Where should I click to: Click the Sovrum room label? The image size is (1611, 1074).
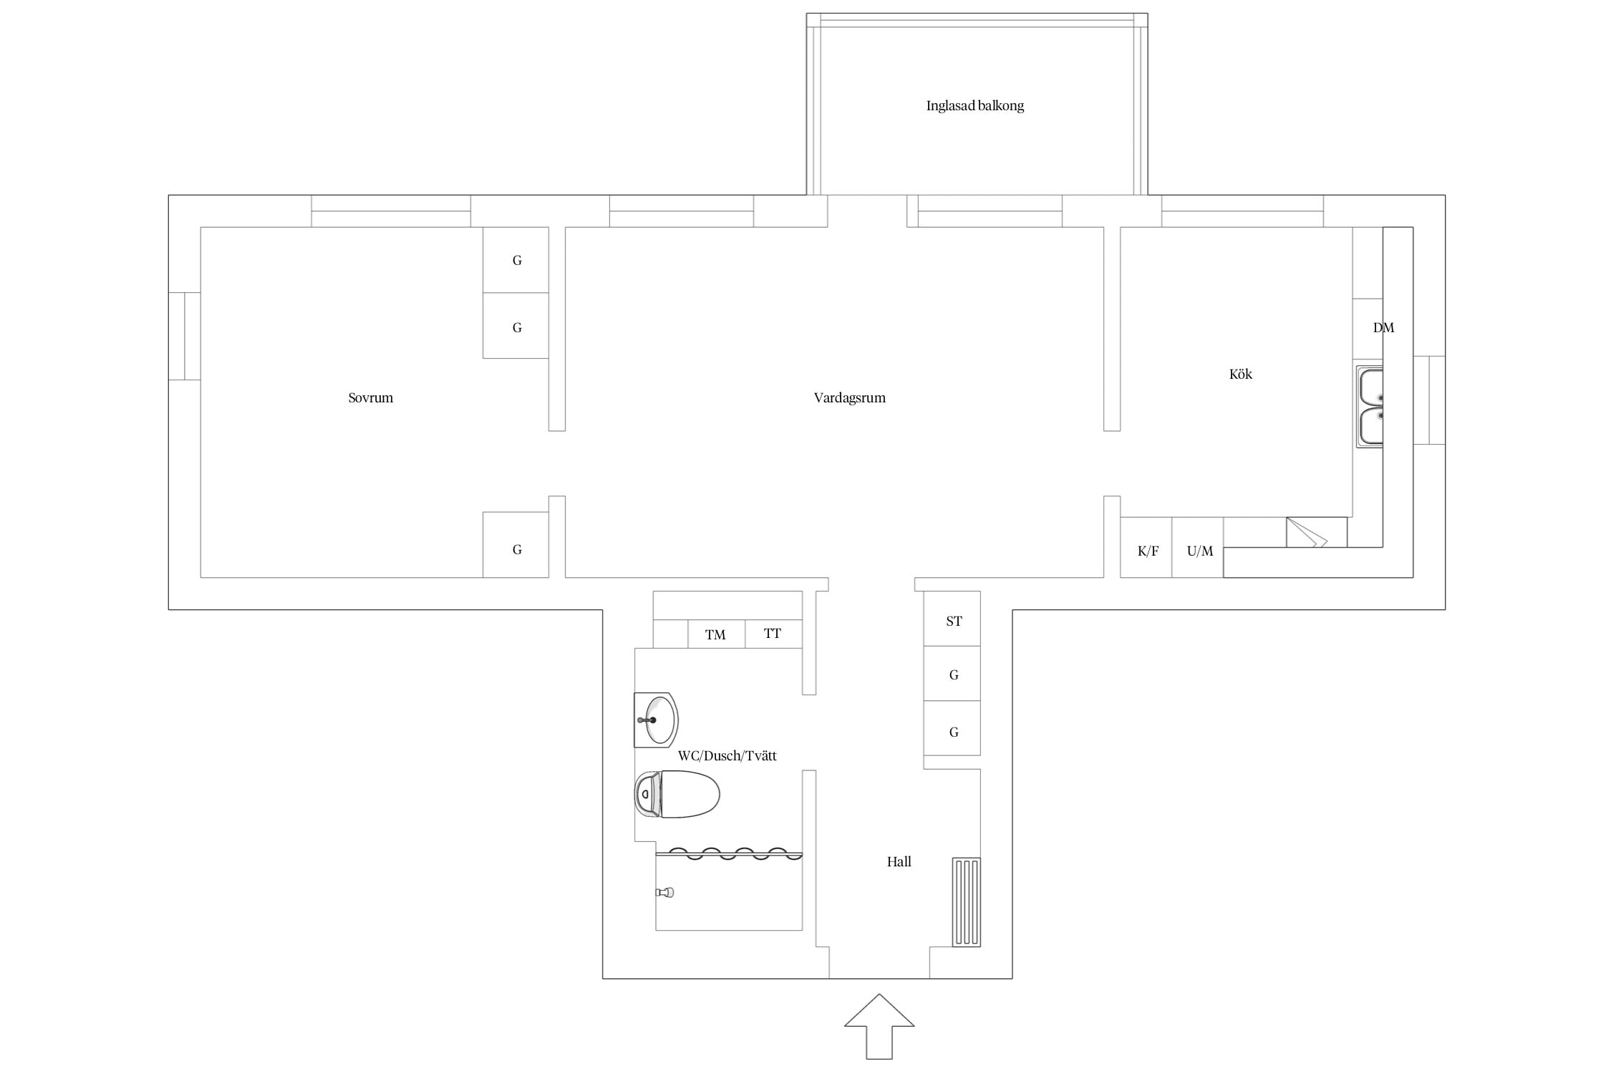[370, 398]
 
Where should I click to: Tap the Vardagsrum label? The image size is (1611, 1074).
[849, 398]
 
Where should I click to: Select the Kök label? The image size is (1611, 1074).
[1240, 374]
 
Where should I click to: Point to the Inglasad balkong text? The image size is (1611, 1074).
[974, 106]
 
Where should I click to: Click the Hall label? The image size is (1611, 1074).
[899, 862]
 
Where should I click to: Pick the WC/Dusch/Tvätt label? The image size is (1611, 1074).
[727, 755]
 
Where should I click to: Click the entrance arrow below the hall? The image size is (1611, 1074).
[879, 1026]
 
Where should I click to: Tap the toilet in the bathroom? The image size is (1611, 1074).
[677, 794]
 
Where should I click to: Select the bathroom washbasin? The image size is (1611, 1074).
[656, 720]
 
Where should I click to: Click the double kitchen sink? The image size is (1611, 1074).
[1369, 407]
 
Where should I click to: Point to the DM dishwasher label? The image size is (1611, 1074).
[1383, 328]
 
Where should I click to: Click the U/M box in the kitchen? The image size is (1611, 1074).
[1198, 548]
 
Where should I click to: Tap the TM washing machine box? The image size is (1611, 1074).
[716, 634]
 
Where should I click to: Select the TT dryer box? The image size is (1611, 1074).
[773, 634]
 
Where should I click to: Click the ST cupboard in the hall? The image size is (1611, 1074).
[952, 619]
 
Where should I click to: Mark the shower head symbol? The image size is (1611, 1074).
[665, 892]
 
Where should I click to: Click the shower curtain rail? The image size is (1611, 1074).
[729, 853]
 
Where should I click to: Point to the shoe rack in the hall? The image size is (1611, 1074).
[967, 902]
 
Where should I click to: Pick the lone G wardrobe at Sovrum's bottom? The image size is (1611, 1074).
[516, 545]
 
